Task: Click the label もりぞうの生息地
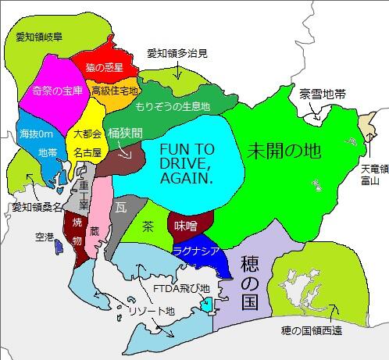(x=173, y=105)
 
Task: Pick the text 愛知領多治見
(x=177, y=54)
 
